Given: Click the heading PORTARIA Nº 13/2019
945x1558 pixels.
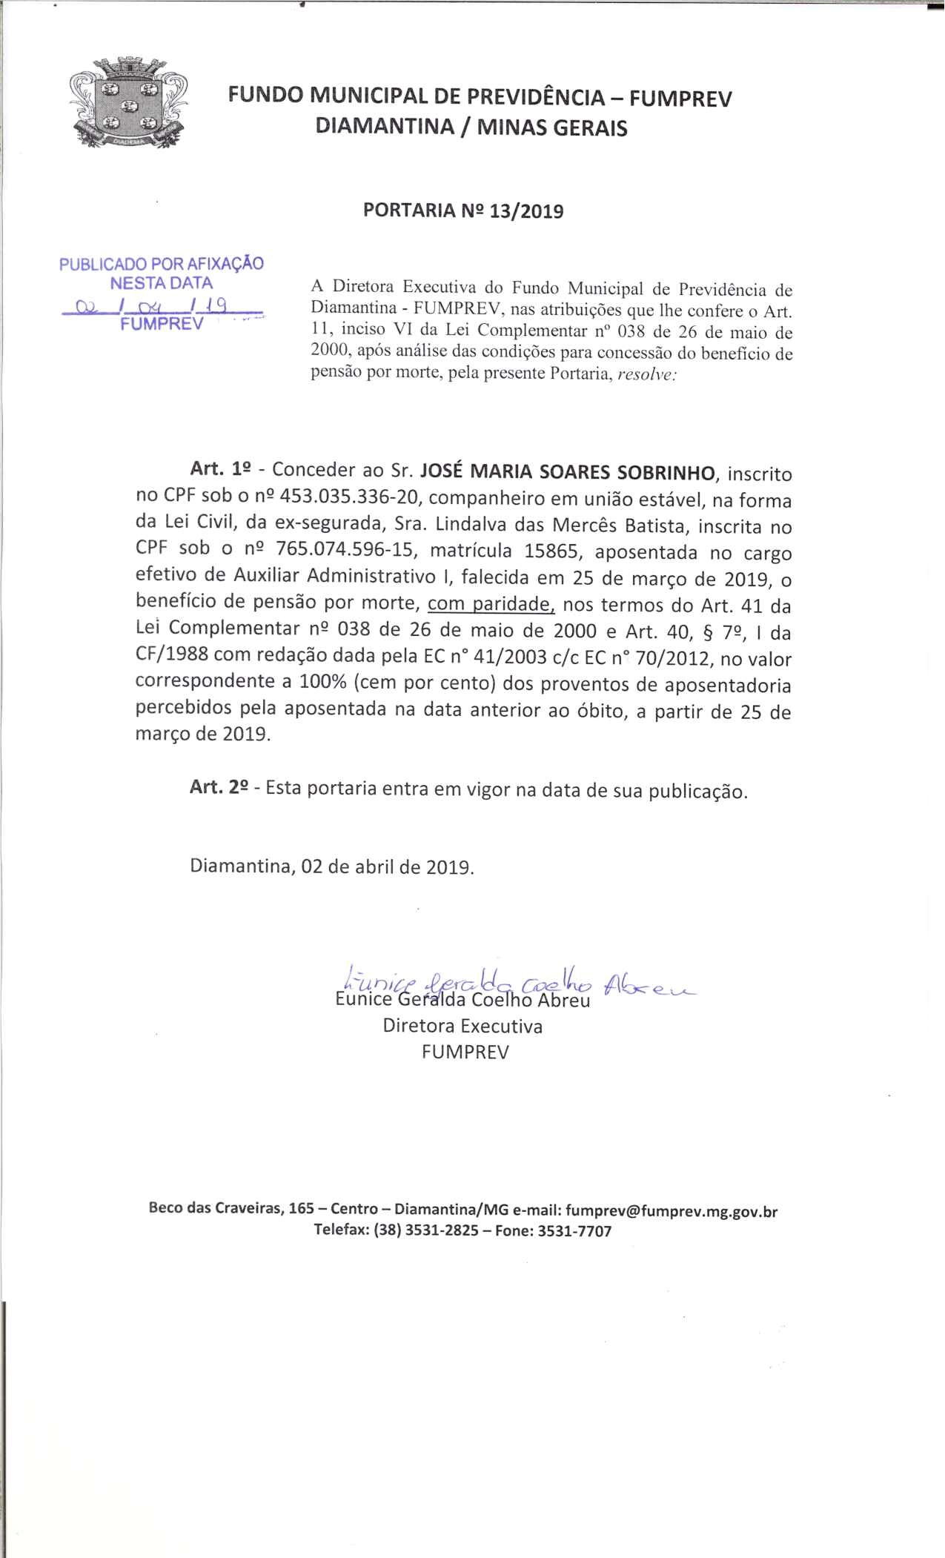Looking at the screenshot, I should [x=462, y=211].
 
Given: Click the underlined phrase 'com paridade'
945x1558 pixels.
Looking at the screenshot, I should [x=491, y=605].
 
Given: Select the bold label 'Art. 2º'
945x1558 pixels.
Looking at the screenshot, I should [x=219, y=788].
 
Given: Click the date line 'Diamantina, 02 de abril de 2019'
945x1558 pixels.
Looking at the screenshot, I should [x=332, y=866].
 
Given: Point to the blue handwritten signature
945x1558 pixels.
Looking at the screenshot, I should [x=511, y=984].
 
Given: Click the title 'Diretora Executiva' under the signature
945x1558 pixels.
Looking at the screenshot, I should [x=462, y=1027].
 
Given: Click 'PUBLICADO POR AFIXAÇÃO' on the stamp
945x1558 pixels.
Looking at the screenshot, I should [x=162, y=263].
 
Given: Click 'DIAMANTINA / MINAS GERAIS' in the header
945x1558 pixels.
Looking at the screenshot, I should [x=471, y=128].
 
